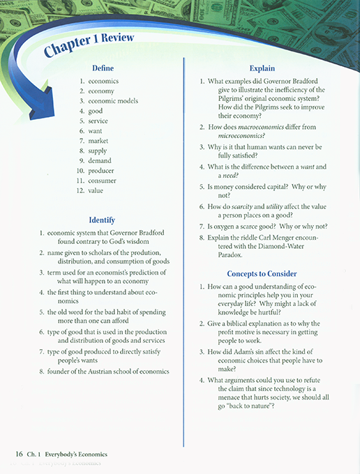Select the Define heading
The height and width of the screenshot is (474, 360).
point(103,68)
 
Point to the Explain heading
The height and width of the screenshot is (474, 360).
point(262,68)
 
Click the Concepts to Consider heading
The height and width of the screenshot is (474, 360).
point(262,274)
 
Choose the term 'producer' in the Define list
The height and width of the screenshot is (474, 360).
point(101,171)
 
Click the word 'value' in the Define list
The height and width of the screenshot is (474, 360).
point(96,190)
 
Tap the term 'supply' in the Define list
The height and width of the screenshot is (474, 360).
point(98,151)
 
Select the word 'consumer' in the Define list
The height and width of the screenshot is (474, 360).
point(103,181)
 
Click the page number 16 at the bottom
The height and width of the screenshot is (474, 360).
point(20,454)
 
